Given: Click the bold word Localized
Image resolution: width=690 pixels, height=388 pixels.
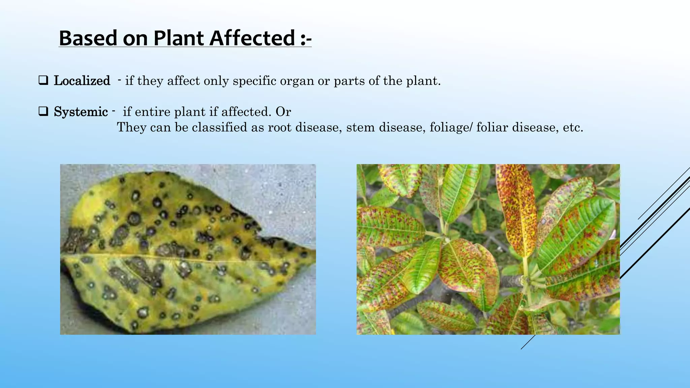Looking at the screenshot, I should click(82, 81).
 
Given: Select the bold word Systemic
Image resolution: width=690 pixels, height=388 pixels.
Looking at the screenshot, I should click(81, 112).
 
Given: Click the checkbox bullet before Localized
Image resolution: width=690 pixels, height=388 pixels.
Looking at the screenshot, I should click(43, 80).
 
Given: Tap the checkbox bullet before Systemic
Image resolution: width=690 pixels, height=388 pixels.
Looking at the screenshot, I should click(43, 111).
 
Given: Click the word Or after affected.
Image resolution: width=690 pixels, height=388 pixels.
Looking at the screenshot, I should click(283, 112).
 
